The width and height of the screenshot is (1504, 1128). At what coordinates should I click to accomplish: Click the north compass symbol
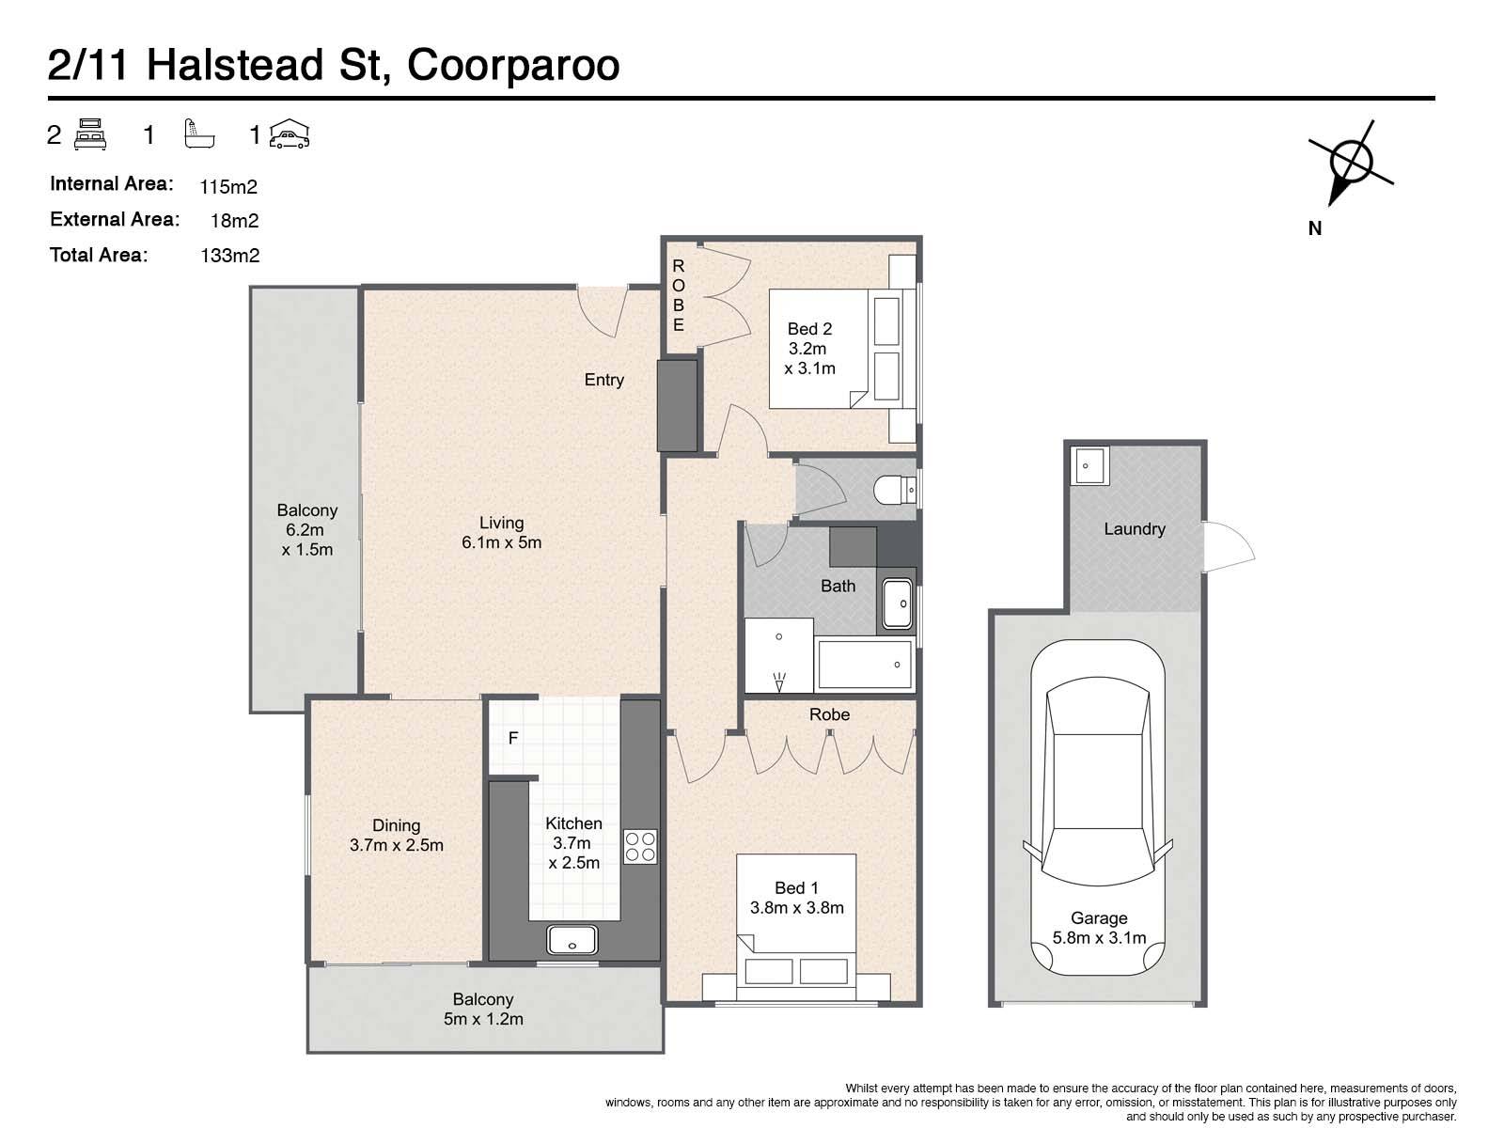pyautogui.click(x=1351, y=163)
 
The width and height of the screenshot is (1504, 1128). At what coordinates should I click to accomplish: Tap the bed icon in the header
pyautogui.click(x=89, y=134)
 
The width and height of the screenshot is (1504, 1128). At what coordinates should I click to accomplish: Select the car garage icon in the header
pyautogui.click(x=290, y=133)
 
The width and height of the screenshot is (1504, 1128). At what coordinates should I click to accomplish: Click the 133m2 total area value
pyautogui.click(x=230, y=256)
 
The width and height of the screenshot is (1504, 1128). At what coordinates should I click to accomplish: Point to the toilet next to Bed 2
pyautogui.click(x=895, y=490)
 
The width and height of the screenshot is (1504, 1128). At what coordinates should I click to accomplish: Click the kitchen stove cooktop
pyautogui.click(x=640, y=846)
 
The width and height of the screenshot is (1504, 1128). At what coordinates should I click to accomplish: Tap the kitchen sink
pyautogui.click(x=572, y=940)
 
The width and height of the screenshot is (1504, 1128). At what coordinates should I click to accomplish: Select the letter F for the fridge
pyautogui.click(x=513, y=738)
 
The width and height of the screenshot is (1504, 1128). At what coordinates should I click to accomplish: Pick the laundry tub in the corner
pyautogui.click(x=1089, y=465)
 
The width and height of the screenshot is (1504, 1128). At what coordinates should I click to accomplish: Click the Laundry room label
pyautogui.click(x=1134, y=528)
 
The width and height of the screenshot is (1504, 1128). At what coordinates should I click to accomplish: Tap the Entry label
pyautogui.click(x=603, y=380)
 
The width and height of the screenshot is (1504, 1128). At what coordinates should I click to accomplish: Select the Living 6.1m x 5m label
pyautogui.click(x=502, y=532)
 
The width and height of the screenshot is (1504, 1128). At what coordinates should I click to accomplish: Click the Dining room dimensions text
pyautogui.click(x=396, y=844)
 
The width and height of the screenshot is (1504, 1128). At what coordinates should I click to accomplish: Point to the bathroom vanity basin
pyautogui.click(x=897, y=604)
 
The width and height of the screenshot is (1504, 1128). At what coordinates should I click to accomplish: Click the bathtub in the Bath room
pyautogui.click(x=865, y=664)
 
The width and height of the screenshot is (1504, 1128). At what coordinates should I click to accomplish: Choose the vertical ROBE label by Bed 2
pyautogui.click(x=679, y=295)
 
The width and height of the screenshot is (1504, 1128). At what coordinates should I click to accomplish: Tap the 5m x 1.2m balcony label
pyautogui.click(x=483, y=1018)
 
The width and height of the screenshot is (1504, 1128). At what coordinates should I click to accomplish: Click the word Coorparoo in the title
pyautogui.click(x=513, y=65)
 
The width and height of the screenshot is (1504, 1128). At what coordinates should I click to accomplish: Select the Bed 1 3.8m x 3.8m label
pyautogui.click(x=796, y=897)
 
